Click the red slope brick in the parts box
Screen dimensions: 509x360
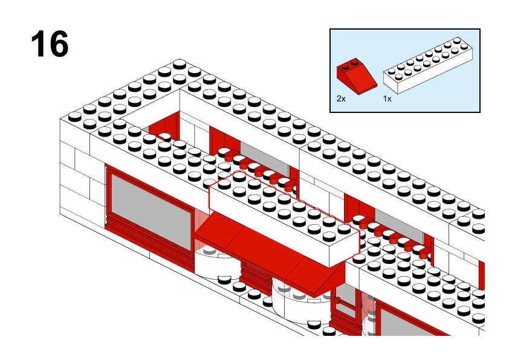click(x=357, y=77)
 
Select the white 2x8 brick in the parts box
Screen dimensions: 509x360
click(x=428, y=66)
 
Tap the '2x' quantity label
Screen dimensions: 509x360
click(x=341, y=98)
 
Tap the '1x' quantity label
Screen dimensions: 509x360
click(x=387, y=98)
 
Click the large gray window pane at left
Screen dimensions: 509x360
click(x=151, y=212)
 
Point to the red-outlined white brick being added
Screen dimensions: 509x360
click(x=284, y=217)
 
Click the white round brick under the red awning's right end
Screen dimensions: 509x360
click(x=300, y=300)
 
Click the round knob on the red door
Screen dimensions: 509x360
click(x=337, y=300)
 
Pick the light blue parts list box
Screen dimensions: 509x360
click(x=405, y=71)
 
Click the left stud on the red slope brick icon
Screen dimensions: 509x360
click(x=346, y=66)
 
